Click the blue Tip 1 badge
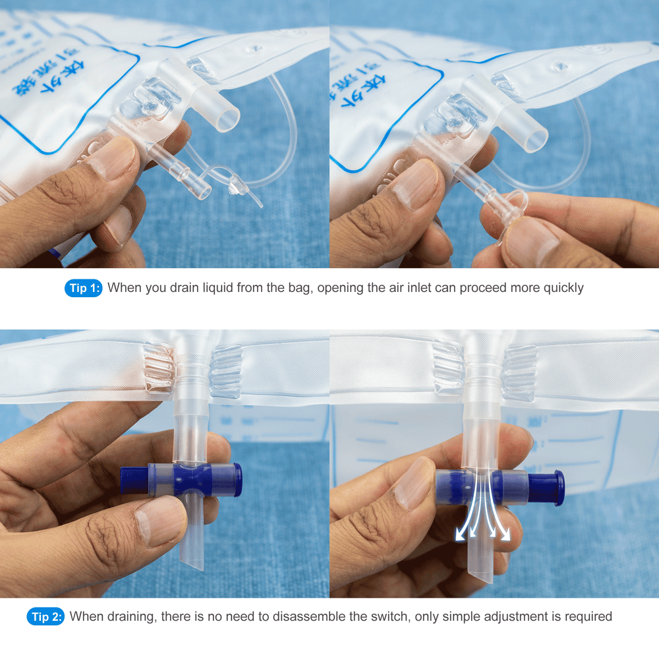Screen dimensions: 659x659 point(83,288)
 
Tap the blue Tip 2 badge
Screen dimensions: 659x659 point(45,617)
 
